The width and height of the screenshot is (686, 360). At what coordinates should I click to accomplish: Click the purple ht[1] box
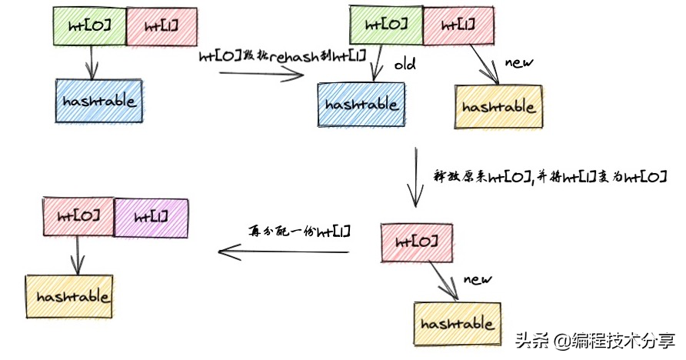click(x=151, y=218)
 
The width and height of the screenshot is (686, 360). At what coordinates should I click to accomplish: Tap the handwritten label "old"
click(x=405, y=65)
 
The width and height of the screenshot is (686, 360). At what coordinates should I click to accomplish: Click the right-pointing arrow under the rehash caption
click(x=261, y=75)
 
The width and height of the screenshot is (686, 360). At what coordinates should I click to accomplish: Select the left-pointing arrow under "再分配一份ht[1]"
click(x=284, y=252)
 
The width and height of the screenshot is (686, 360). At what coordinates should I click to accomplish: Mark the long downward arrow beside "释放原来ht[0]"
click(x=415, y=177)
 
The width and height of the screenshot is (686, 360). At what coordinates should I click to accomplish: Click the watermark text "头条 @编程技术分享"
click(x=595, y=340)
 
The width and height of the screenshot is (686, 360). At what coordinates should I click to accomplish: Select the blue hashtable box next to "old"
click(x=361, y=105)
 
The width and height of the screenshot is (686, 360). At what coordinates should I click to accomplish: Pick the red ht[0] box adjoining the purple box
click(x=78, y=216)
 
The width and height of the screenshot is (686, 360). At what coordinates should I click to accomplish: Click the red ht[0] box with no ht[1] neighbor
click(x=417, y=243)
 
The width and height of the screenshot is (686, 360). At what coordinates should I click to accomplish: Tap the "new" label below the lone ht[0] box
click(x=478, y=279)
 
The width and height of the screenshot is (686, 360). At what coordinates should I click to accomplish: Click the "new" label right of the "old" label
click(x=519, y=62)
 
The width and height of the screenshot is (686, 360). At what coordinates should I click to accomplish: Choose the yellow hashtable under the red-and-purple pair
click(x=69, y=296)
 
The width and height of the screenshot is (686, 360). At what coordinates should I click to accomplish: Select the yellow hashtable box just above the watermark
click(x=458, y=324)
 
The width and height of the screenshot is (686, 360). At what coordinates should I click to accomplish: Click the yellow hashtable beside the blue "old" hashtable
click(x=499, y=107)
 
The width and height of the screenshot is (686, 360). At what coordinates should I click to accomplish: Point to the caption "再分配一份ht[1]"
click(x=300, y=231)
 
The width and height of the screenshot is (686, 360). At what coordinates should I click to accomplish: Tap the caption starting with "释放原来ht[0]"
click(x=550, y=177)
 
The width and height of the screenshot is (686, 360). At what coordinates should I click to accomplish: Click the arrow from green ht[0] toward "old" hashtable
click(x=378, y=62)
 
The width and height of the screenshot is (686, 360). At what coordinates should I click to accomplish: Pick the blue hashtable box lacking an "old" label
click(x=99, y=101)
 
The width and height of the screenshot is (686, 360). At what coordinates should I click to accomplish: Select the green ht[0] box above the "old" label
click(x=386, y=25)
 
